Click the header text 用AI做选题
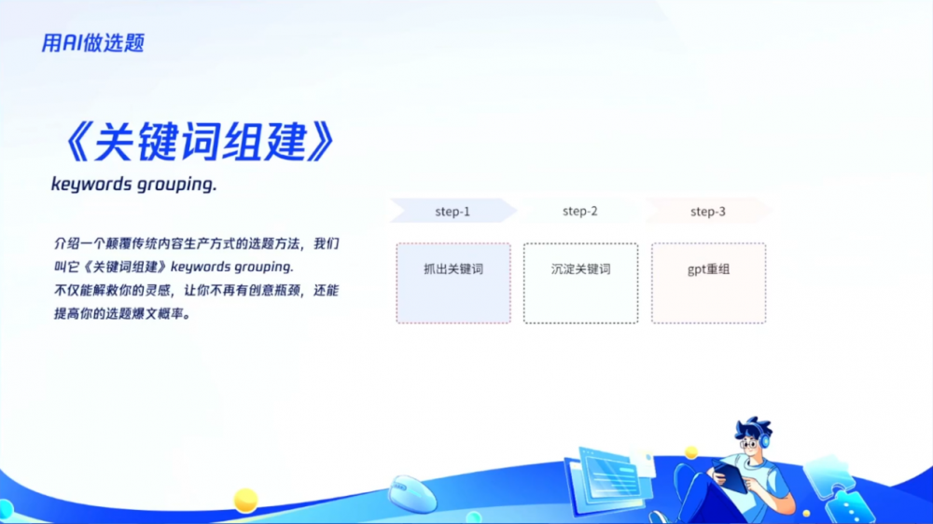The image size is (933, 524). pyautogui.click(x=92, y=43)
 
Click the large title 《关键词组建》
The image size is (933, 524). pyautogui.click(x=199, y=142)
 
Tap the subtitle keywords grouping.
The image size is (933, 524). pyautogui.click(x=133, y=185)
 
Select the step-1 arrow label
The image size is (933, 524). pyautogui.click(x=453, y=211)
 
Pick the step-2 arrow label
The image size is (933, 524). pyautogui.click(x=580, y=211)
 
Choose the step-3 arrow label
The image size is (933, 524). pyautogui.click(x=707, y=211)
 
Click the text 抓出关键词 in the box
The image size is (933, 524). pyautogui.click(x=453, y=269)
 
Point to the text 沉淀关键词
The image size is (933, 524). pyautogui.click(x=580, y=269)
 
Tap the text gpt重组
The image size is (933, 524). pyautogui.click(x=708, y=269)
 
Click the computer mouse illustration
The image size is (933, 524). pyautogui.click(x=411, y=493)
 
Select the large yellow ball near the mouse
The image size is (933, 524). pyautogui.click(x=245, y=500)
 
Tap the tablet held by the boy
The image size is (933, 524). pyautogui.click(x=731, y=476)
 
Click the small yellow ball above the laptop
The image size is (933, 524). pyautogui.click(x=690, y=452)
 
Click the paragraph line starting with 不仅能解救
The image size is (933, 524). pyautogui.click(x=196, y=291)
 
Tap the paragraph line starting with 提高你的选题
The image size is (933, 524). pyautogui.click(x=122, y=314)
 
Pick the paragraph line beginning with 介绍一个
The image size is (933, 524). pyautogui.click(x=196, y=244)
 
